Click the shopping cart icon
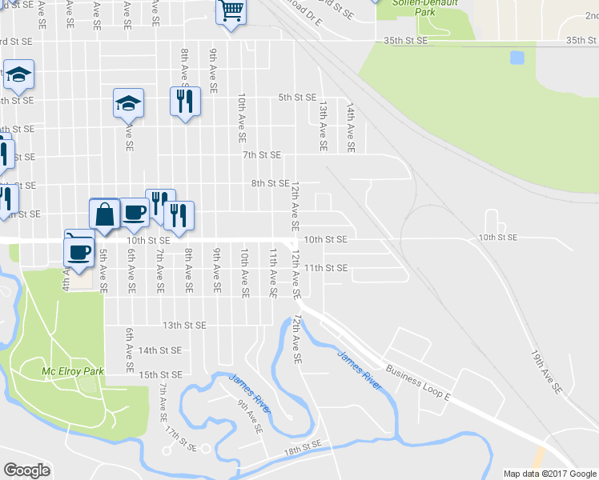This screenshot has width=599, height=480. click(x=231, y=11)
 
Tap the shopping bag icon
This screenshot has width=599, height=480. click(x=105, y=214)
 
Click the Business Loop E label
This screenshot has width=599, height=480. click(x=419, y=382)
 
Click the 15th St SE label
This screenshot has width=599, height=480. click(x=160, y=374)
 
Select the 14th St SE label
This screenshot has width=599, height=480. click(x=160, y=350)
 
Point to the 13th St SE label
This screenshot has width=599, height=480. click(x=185, y=326)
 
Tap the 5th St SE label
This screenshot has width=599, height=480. click(x=297, y=98)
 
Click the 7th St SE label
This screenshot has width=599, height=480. click(x=262, y=154)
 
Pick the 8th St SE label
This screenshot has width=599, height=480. click(x=270, y=183)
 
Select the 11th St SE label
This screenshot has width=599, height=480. click(x=326, y=268)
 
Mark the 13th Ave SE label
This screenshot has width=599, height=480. click(x=324, y=126)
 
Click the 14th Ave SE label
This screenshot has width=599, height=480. click(x=350, y=126)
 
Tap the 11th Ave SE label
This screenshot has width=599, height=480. click(x=273, y=273)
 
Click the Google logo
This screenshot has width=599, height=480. click(x=26, y=470)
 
